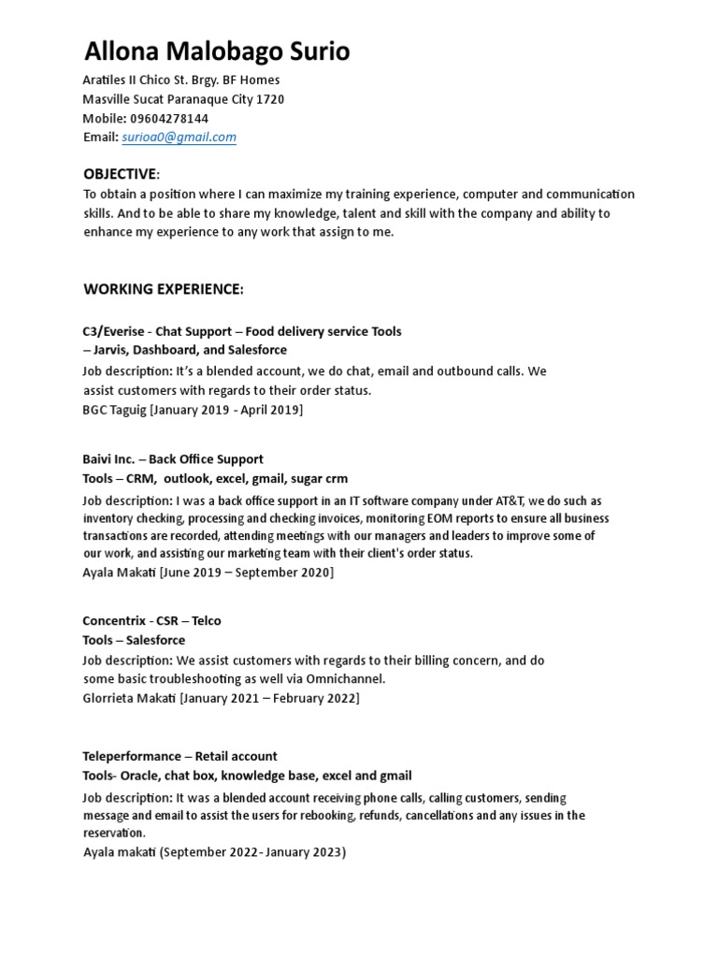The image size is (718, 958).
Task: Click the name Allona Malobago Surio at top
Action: tap(217, 51)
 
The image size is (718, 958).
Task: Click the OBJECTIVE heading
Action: tap(121, 174)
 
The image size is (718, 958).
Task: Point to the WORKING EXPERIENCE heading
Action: tap(163, 289)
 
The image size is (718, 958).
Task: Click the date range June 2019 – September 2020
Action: tap(247, 572)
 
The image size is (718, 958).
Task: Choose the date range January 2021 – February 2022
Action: tap(270, 698)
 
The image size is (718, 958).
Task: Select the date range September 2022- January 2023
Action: tap(252, 852)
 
